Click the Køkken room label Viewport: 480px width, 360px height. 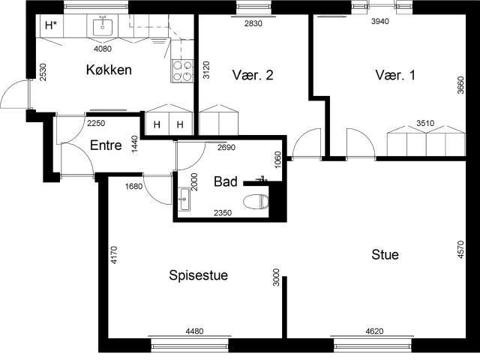pos(109,70)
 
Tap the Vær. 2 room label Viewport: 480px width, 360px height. pos(253,75)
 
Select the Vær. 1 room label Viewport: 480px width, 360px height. pos(395,75)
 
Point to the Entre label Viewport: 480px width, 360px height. pos(106,145)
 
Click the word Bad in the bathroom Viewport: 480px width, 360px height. pos(226,181)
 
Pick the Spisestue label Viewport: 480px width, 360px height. pos(198,275)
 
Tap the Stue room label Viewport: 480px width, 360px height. pos(385,255)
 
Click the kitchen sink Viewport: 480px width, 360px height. pos(103,25)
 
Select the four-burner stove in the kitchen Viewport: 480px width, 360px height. pos(182,70)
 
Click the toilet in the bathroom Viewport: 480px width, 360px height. pos(256,202)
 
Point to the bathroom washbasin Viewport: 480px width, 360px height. pos(184,199)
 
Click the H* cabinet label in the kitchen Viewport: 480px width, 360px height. pos(51,25)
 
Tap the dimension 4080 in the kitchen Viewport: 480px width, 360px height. pos(103,49)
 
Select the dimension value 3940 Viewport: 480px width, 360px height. pos(380,21)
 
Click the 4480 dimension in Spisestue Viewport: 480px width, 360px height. pos(195,331)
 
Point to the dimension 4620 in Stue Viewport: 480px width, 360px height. pos(374,331)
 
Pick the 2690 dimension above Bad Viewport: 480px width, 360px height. pos(226,148)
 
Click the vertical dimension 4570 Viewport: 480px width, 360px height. pos(460,250)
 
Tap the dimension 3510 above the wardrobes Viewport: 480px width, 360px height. pos(425,123)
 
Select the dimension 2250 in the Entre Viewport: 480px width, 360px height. pos(96,123)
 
